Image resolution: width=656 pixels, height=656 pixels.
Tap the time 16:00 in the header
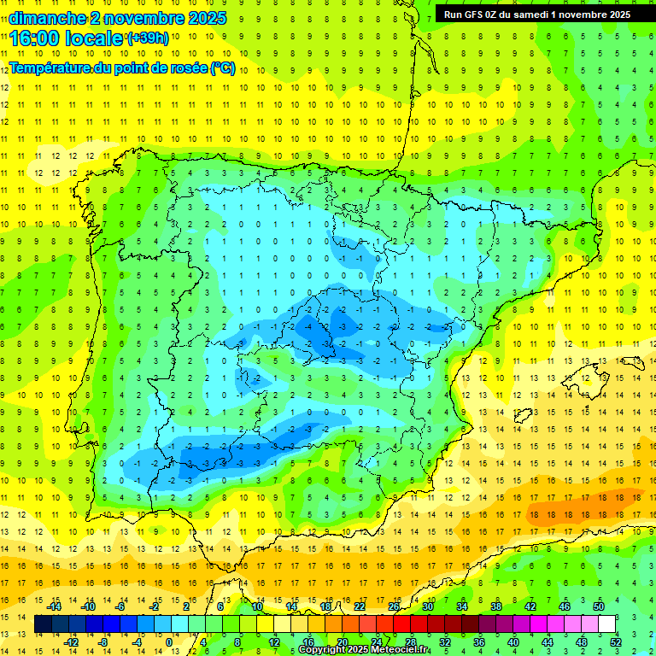coord(33,38)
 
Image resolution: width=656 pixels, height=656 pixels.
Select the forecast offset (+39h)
coord(148,38)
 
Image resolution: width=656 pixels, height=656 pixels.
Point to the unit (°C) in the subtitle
coord(223,68)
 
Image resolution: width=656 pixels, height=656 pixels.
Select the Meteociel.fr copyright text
coord(364,650)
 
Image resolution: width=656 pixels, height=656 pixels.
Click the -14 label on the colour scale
coord(54,606)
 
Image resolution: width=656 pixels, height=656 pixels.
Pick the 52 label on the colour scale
coord(616,642)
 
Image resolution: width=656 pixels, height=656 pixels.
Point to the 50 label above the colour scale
coord(599,606)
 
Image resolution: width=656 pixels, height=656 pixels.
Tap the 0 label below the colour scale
coord(169,642)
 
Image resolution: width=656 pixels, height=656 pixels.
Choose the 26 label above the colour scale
coord(394,606)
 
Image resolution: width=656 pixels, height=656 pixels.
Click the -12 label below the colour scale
coord(71,642)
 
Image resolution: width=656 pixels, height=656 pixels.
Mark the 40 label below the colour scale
coord(513,642)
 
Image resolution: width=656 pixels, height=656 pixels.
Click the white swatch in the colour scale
coord(607,624)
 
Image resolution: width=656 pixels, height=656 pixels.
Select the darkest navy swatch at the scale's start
coord(44,624)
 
